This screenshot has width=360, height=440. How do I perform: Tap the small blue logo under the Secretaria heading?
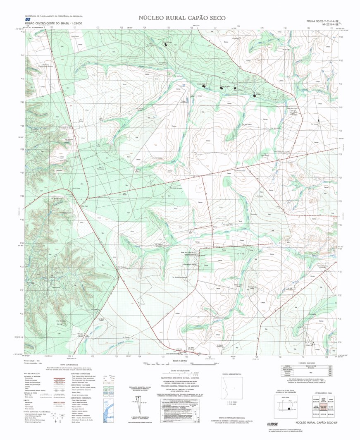coord(27,19)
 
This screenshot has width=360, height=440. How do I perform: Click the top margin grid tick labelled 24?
coord(145,28)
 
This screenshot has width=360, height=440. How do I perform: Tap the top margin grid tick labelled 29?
coord(262,28)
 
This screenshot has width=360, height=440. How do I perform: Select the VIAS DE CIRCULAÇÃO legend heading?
coord(33,373)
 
